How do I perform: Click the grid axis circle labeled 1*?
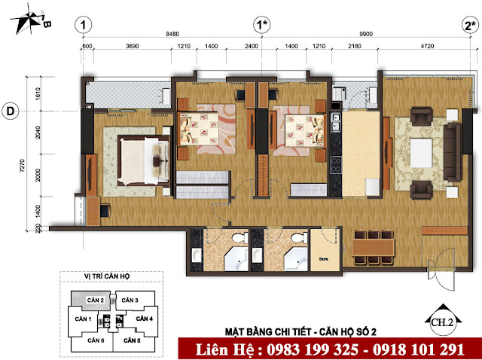click(x=261, y=25)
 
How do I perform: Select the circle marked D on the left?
click(x=11, y=111)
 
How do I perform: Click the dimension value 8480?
click(x=172, y=34)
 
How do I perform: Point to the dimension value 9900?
click(x=368, y=34)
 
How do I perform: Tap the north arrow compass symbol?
click(x=34, y=19)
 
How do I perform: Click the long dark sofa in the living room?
click(x=452, y=148)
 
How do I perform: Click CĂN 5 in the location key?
click(x=130, y=341)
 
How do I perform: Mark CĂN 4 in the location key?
click(x=144, y=319)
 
